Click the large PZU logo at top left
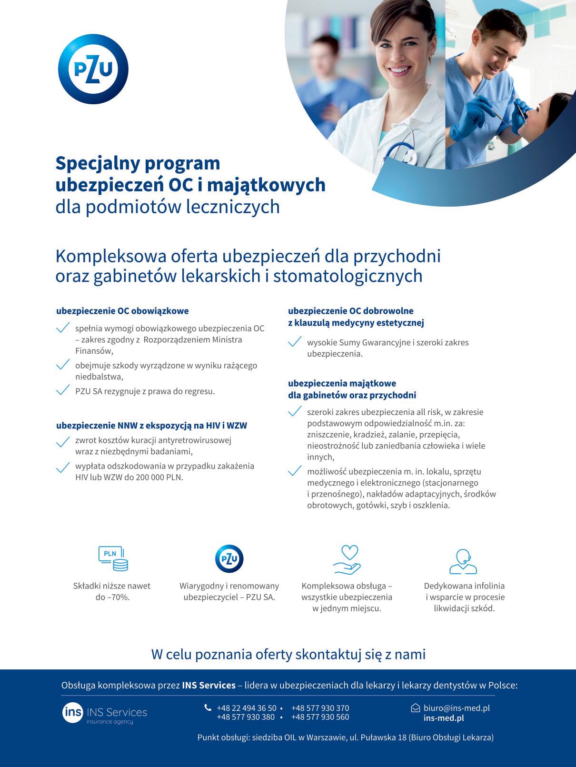tap(93, 69)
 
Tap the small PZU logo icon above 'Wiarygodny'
tap(229, 558)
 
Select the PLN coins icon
tap(113, 558)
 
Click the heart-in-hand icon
tap(348, 559)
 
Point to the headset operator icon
tap(463, 561)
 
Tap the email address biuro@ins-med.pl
tap(457, 708)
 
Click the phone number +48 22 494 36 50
tap(246, 708)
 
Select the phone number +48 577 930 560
tap(320, 717)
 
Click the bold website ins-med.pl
tap(444, 718)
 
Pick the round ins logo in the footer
tap(72, 712)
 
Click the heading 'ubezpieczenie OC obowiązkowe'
tap(122, 311)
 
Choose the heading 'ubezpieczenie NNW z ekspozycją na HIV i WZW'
tap(151, 425)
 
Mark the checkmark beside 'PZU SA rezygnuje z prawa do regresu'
tap(62, 391)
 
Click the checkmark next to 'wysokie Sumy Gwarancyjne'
tap(295, 342)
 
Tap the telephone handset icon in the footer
tap(208, 707)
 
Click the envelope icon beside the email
tap(415, 708)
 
